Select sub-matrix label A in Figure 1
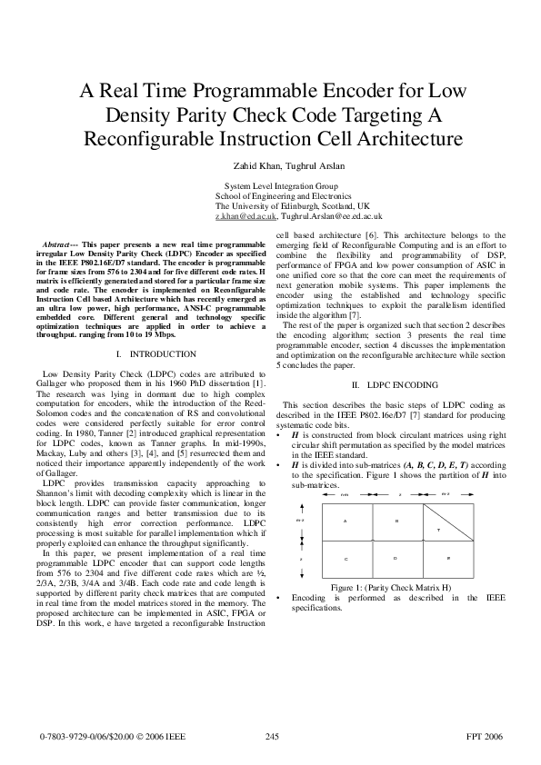pyautogui.click(x=345, y=521)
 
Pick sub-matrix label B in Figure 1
pyautogui.click(x=396, y=521)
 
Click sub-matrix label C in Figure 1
pyautogui.click(x=345, y=558)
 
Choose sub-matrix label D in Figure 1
pyautogui.click(x=396, y=558)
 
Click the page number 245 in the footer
pyautogui.click(x=271, y=736)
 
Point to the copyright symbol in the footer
pyautogui.click(x=139, y=736)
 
